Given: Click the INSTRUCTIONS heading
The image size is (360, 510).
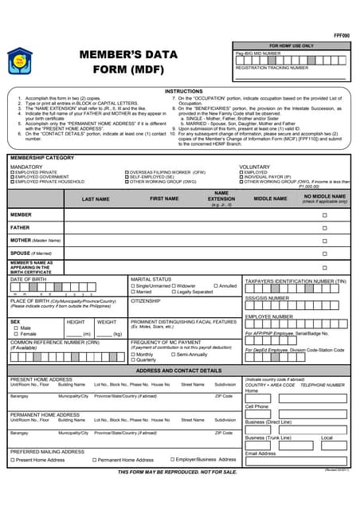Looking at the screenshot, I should click(184, 92).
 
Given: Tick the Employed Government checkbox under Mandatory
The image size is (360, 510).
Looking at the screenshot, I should click(12, 177).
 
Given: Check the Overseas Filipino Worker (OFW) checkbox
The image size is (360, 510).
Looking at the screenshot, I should click(127, 172).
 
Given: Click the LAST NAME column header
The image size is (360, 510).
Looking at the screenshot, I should click(96, 198).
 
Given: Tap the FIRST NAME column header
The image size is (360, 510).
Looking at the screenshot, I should click(164, 198).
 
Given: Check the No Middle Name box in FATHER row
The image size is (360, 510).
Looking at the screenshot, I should click(324, 228).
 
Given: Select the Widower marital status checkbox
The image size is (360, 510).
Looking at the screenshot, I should click(174, 285).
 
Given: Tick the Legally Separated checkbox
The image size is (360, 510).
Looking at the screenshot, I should click(174, 292).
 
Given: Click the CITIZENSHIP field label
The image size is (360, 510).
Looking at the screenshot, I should click(146, 301).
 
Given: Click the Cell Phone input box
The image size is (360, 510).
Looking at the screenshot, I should click(295, 414).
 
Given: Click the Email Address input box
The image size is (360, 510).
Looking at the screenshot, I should click(295, 460).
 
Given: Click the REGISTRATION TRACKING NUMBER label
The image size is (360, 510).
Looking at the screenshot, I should click(272, 68).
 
